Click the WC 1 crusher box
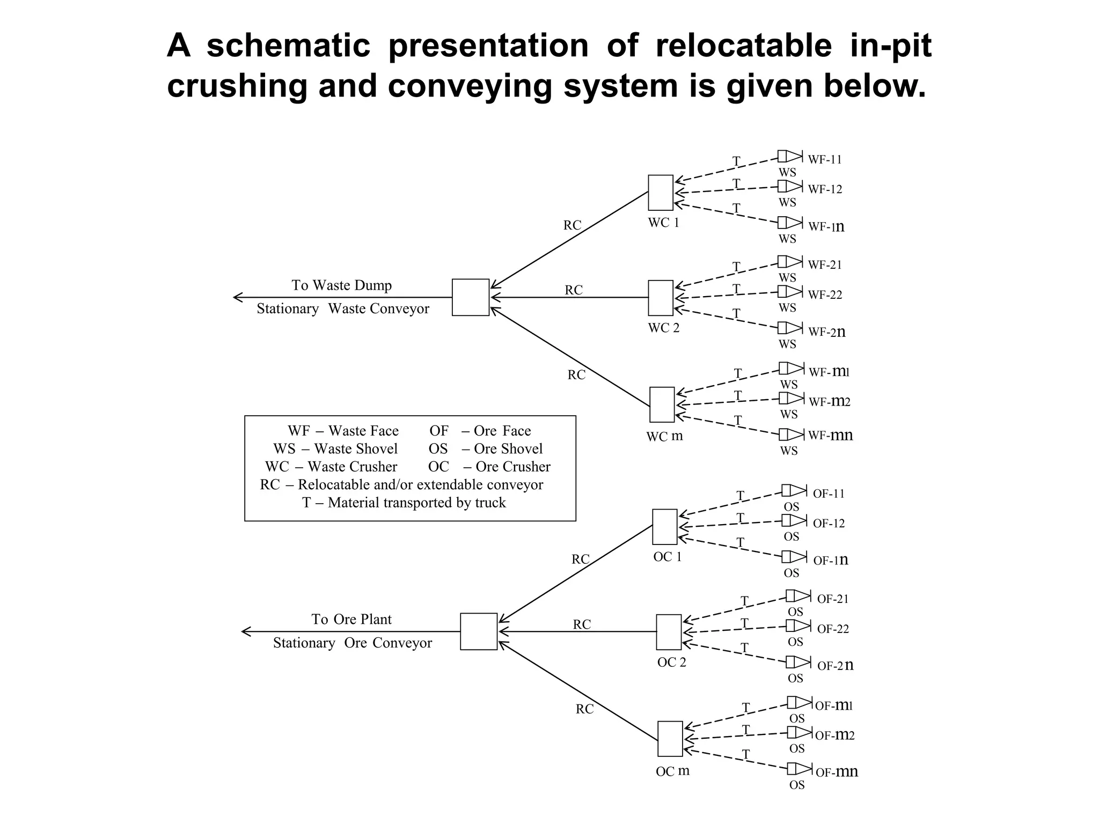660,193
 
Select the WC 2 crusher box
660,298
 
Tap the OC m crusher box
670,739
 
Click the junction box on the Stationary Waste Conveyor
470,297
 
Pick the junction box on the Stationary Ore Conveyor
478,631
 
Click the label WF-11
825,159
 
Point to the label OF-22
833,629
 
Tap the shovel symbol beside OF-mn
799,768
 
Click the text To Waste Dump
341,285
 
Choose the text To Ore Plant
351,619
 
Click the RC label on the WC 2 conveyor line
573,290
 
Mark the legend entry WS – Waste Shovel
335,448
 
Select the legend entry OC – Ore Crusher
489,467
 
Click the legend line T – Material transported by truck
404,503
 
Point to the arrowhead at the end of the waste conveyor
237,297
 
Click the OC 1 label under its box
667,557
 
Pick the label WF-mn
830,435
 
